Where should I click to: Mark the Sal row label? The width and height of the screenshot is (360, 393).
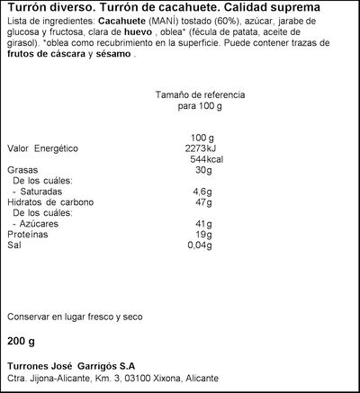click(x=13, y=245)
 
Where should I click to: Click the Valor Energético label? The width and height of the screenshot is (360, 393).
click(x=44, y=148)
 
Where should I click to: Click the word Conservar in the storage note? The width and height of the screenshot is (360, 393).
click(x=29, y=317)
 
